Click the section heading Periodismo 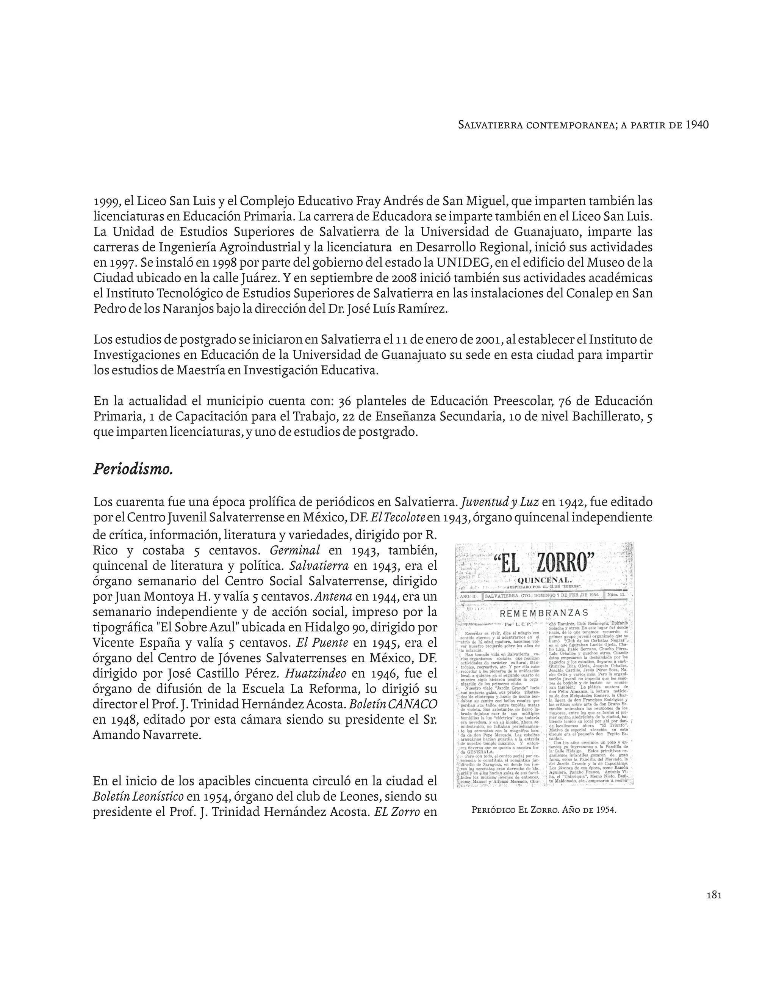[133, 470]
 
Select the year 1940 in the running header [697, 125]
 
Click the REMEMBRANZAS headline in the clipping [544, 613]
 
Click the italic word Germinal [295, 551]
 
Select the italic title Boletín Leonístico [138, 796]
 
